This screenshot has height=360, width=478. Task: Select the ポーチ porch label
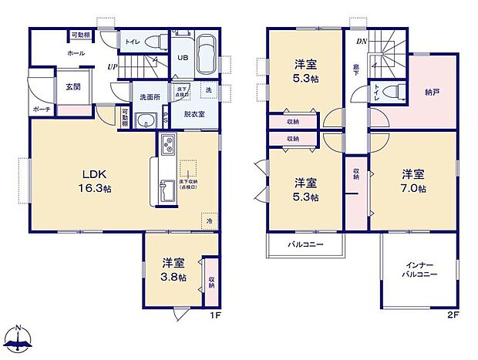click(42, 109)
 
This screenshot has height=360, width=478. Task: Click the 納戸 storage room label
click(433, 91)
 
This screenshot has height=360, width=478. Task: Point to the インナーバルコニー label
click(421, 270)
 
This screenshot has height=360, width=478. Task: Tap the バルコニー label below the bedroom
click(305, 244)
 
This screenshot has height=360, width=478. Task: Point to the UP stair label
click(112, 68)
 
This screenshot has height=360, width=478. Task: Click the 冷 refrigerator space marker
click(209, 220)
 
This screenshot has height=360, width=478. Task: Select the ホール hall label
click(76, 54)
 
